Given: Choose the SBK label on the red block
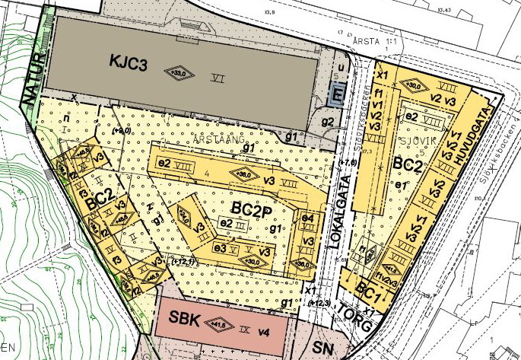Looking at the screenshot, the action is [x=185, y=320].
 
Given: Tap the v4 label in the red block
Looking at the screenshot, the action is [x=264, y=332].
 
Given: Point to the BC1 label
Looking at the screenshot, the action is [x=370, y=292].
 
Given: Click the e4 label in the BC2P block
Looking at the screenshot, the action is [x=308, y=219].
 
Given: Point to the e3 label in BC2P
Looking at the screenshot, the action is [x=221, y=249].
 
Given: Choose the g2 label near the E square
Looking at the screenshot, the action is [x=328, y=122].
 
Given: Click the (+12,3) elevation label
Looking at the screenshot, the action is [x=320, y=304].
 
